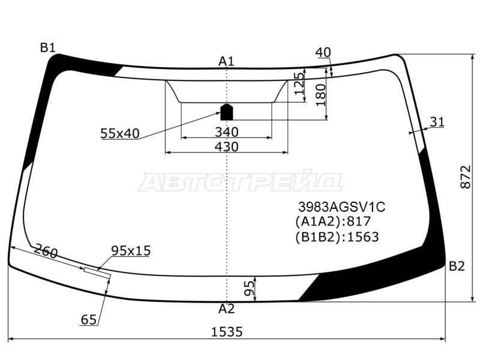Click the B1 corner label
(x=47, y=48)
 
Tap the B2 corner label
(x=457, y=266)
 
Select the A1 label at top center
(x=226, y=62)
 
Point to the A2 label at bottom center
(x=227, y=309)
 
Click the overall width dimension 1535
(x=227, y=332)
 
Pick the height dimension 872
(x=466, y=177)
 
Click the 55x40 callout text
(x=119, y=133)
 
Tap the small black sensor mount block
(x=227, y=112)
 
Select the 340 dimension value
(x=227, y=132)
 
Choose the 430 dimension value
(x=227, y=146)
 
